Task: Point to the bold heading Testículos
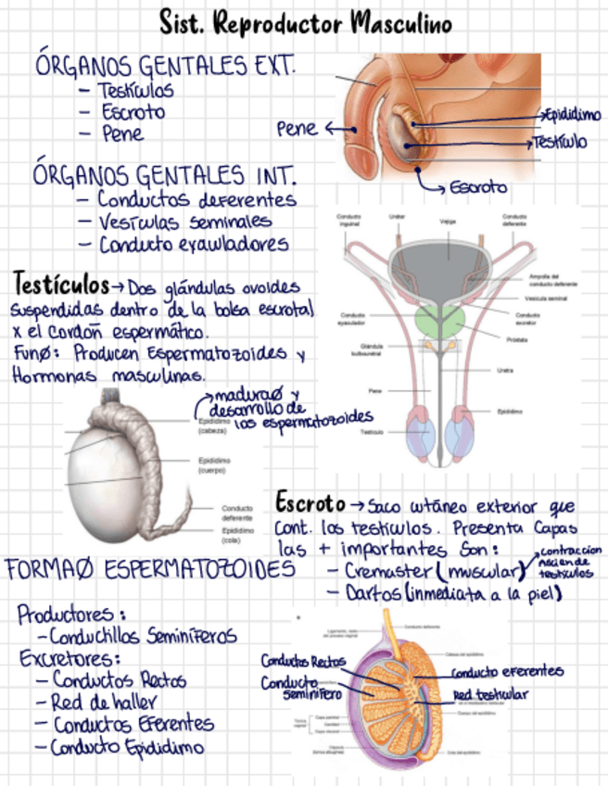(61, 281)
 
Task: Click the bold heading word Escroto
(309, 503)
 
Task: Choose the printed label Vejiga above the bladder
(447, 221)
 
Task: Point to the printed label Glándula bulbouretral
(360, 350)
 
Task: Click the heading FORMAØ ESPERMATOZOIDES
(150, 568)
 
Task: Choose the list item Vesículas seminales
(184, 222)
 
